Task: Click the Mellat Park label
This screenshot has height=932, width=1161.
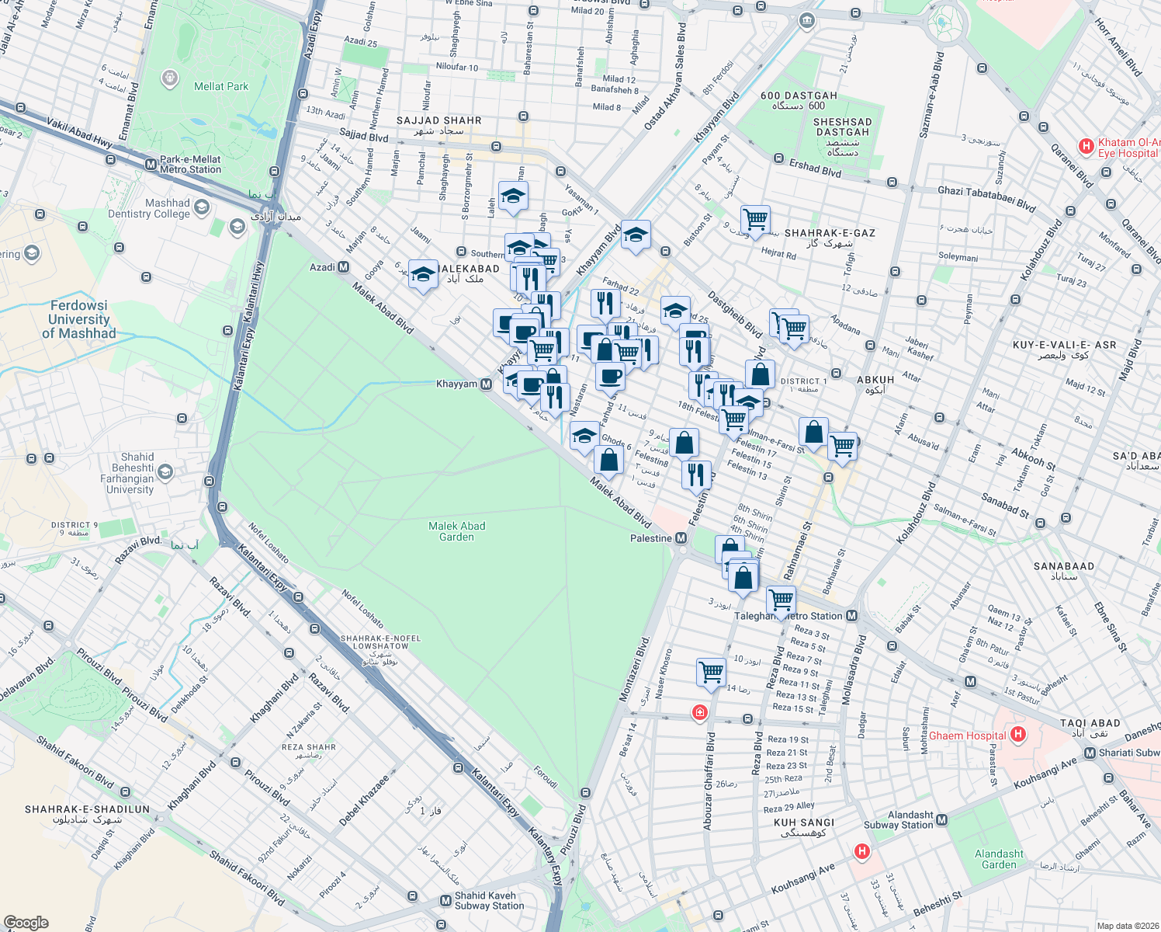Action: (x=221, y=86)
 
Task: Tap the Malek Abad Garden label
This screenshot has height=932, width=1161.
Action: (x=456, y=531)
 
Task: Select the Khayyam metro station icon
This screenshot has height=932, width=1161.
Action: (x=486, y=384)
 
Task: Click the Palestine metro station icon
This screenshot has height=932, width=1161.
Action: (x=681, y=538)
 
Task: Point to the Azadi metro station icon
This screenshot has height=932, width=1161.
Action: (x=343, y=267)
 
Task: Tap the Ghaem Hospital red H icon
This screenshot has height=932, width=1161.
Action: (x=1018, y=735)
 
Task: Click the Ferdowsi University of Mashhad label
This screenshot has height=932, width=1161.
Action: (x=78, y=319)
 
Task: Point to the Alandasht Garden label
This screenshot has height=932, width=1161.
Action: (x=999, y=859)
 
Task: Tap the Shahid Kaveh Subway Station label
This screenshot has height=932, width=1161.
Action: (x=490, y=900)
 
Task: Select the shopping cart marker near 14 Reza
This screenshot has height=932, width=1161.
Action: (x=711, y=672)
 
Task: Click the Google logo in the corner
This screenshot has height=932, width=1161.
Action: (x=26, y=922)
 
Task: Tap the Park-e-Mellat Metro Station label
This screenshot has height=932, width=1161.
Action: (x=190, y=164)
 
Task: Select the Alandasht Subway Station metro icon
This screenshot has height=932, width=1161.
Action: (x=941, y=820)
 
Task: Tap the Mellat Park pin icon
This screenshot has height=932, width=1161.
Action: (x=169, y=78)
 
